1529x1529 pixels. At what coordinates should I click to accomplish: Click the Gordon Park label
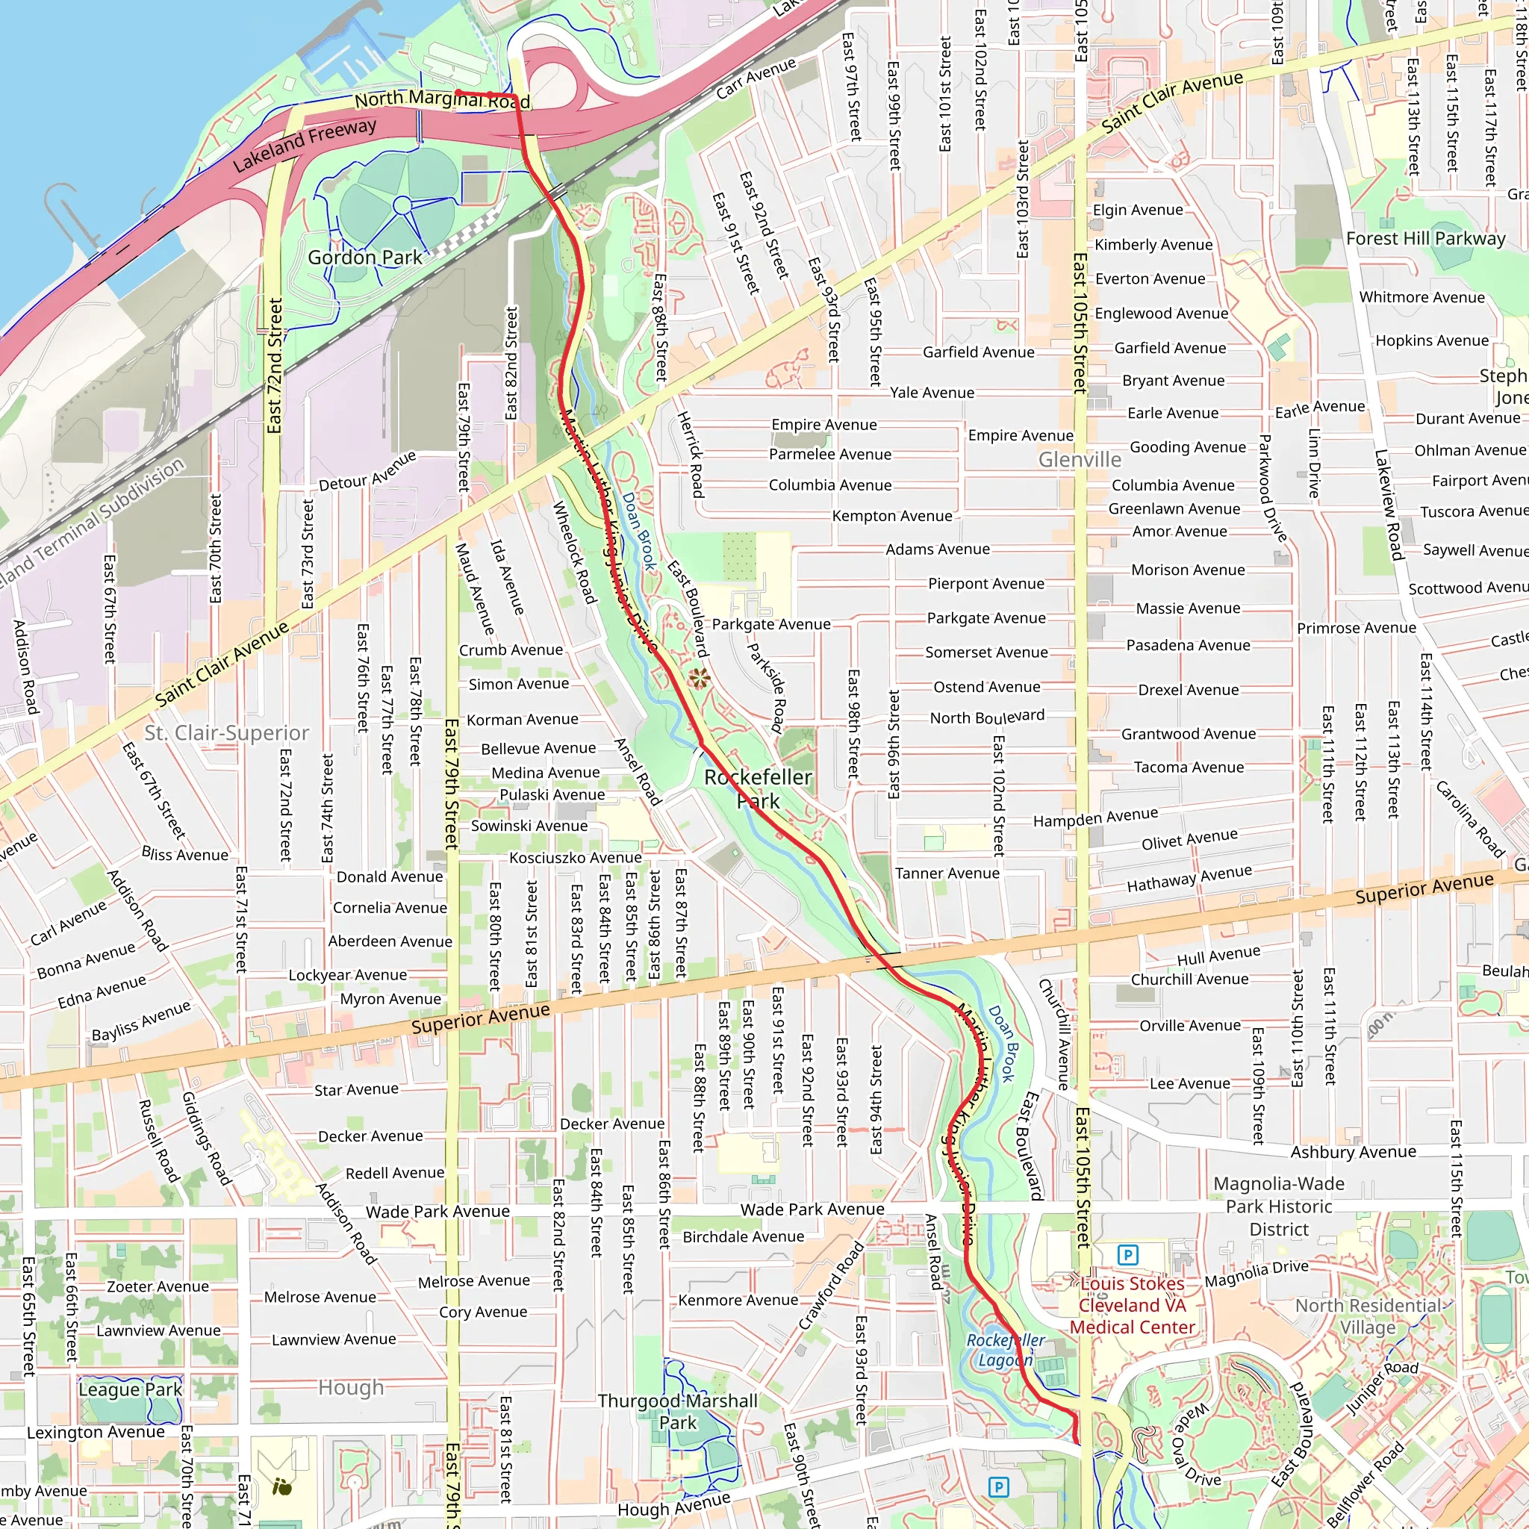[365, 258]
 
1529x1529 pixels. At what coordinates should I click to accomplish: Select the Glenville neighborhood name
[1080, 460]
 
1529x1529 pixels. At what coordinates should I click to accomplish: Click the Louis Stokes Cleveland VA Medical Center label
[1132, 1305]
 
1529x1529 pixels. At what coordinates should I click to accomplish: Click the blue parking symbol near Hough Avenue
[999, 1487]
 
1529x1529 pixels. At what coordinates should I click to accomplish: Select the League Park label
[130, 1389]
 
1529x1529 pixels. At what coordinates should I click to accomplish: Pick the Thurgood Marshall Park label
[677, 1411]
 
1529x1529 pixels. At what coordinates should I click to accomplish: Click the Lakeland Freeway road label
[305, 145]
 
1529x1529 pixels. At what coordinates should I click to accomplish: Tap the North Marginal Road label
[442, 99]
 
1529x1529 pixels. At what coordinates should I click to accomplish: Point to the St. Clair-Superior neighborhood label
[226, 733]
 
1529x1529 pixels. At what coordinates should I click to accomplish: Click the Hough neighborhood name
[351, 1387]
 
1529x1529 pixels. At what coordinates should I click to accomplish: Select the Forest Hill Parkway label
[1425, 238]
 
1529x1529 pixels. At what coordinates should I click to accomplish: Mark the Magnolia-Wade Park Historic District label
[1279, 1206]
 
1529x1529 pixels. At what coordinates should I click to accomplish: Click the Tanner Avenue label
[947, 873]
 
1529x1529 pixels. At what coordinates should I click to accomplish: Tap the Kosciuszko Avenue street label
[576, 858]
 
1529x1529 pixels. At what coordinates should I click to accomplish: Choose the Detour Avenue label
[367, 472]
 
